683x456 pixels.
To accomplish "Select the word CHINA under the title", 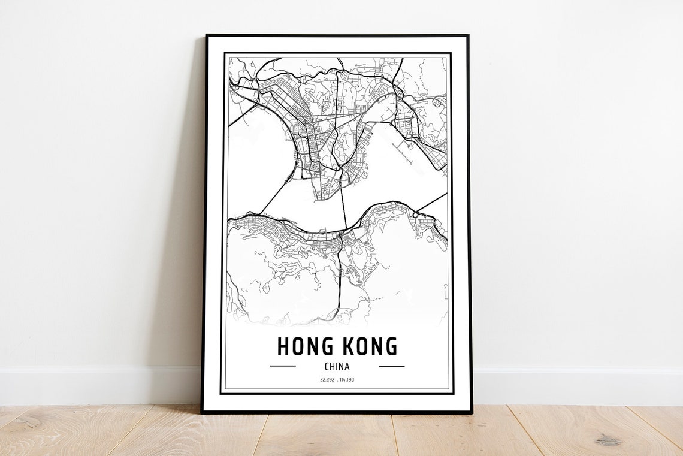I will (337, 366).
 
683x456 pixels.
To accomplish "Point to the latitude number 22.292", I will (327, 380).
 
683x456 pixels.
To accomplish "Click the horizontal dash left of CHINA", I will (283, 366).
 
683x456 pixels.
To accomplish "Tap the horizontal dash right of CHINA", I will (392, 366).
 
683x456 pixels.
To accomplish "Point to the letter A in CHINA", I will (347, 366).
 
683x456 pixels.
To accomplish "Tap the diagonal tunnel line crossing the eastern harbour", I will (431, 203).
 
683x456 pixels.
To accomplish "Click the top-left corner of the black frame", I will (207, 35).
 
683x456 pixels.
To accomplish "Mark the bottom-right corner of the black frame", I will (471, 412).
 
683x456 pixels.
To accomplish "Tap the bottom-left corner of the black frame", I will (203, 412).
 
